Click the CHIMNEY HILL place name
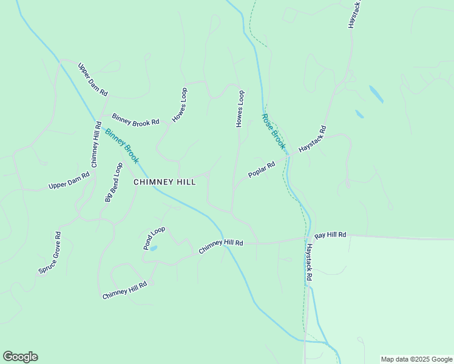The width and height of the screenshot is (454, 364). (x=164, y=182)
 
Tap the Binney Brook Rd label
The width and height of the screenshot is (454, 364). (x=135, y=119)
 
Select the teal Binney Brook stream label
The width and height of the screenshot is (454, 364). (x=121, y=146)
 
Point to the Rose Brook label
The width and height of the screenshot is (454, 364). (x=273, y=131)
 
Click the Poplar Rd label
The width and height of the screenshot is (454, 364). (x=262, y=170)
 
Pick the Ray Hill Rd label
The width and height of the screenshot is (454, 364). (x=330, y=234)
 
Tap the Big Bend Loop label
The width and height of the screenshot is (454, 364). (x=113, y=181)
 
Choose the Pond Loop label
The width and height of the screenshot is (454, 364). (x=154, y=238)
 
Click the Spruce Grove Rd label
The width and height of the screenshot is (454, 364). (x=49, y=252)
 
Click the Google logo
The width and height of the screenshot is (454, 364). (x=20, y=357)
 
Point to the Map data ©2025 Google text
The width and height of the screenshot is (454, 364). (x=416, y=359)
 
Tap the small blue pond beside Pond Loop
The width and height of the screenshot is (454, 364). (x=153, y=248)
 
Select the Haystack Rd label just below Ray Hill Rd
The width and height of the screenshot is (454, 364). (x=309, y=261)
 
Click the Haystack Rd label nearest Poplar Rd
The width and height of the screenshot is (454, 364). (x=313, y=139)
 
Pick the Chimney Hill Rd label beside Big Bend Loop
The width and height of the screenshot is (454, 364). (x=96, y=144)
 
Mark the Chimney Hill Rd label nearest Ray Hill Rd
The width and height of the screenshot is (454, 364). (x=221, y=246)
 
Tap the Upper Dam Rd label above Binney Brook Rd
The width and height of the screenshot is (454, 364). (x=93, y=79)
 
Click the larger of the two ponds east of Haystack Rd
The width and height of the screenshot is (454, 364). (x=376, y=93)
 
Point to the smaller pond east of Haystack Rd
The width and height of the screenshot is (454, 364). (x=359, y=113)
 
